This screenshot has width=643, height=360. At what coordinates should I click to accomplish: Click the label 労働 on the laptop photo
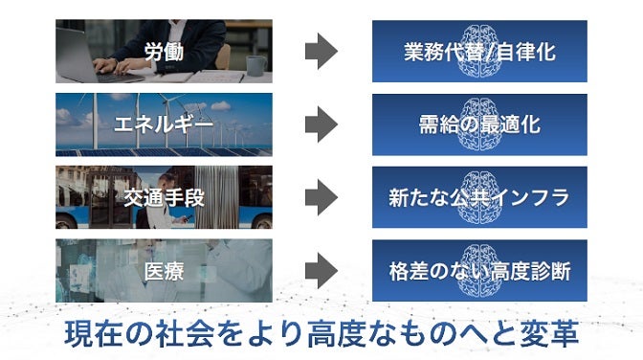coord(164,51)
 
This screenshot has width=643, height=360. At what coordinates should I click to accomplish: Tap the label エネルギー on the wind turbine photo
coord(164,124)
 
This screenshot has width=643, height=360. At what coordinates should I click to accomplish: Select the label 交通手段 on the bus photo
coord(164,197)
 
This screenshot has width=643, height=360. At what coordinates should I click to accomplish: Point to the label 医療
coord(164,270)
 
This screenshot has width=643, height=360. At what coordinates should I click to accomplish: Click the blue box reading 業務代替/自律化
coord(479,51)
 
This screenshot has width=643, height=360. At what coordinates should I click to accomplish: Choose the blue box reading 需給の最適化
coord(479,124)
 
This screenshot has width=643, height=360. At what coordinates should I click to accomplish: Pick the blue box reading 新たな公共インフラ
coord(479,197)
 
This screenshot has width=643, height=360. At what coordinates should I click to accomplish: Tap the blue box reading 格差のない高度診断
coord(479,270)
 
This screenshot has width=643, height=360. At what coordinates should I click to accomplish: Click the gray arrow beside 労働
coord(321,51)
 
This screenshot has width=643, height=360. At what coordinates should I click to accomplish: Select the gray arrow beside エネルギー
coord(321,124)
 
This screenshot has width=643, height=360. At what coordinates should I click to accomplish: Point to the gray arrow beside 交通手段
coord(321,197)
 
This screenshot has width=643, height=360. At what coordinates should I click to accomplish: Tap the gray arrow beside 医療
coord(321,270)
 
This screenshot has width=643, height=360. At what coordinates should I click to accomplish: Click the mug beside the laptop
coord(255,65)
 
